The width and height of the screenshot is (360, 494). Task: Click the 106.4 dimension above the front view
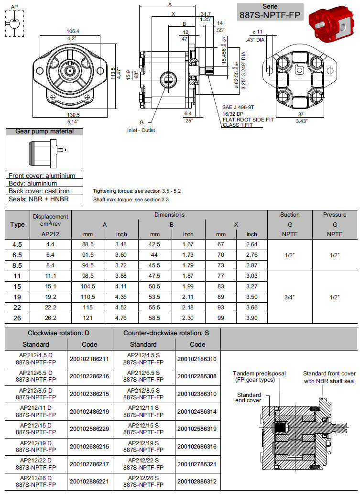click(73, 32)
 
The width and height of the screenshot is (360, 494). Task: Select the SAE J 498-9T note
click(238, 108)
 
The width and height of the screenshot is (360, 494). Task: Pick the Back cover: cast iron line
click(39, 191)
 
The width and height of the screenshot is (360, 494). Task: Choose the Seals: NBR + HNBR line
click(39, 199)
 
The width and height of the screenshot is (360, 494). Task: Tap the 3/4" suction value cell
click(290, 297)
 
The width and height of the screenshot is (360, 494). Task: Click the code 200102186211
click(89, 359)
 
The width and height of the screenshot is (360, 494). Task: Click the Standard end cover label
click(249, 397)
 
